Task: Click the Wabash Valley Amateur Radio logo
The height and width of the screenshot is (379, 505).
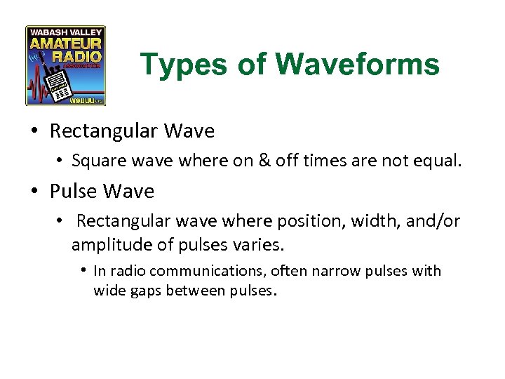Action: tap(66, 66)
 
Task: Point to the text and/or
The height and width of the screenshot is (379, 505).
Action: tap(436, 222)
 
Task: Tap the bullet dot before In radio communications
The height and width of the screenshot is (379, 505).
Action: tap(84, 271)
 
